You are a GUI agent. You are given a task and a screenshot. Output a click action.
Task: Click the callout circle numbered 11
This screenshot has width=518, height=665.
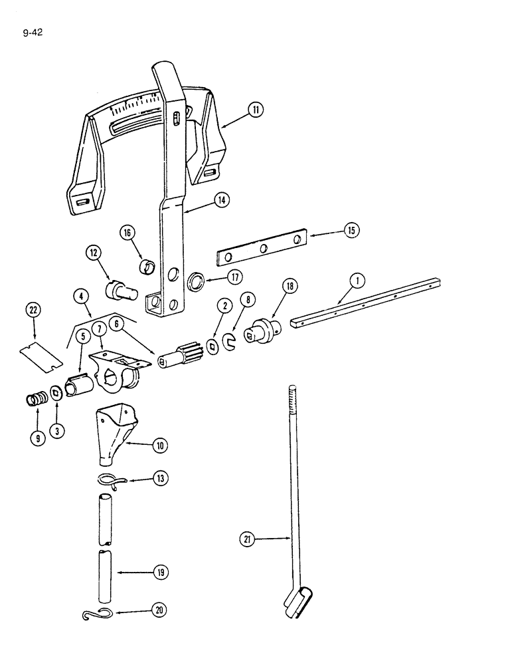(x=256, y=110)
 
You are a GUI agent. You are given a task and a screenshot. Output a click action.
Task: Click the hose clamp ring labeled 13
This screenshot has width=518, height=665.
(x=110, y=480)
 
